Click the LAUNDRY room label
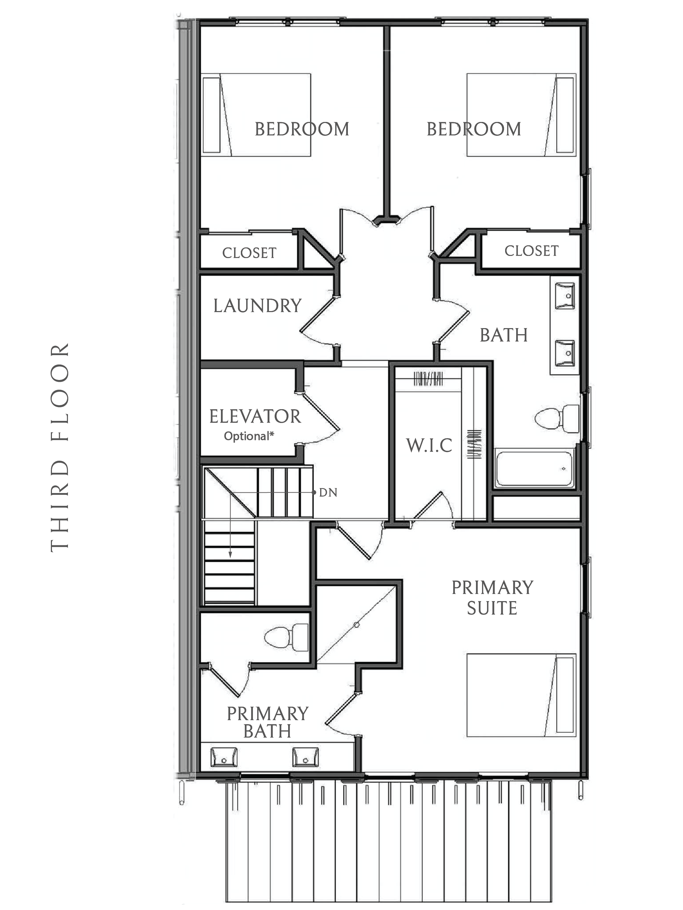(257, 306)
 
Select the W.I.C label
(429, 445)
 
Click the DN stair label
(328, 492)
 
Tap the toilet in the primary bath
(286, 637)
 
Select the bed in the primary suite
(521, 695)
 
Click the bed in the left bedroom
(256, 115)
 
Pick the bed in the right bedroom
(521, 115)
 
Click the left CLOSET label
(249, 253)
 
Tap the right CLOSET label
(531, 251)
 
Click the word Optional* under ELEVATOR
(249, 436)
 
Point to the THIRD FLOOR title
(60, 447)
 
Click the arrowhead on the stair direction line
(230, 555)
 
